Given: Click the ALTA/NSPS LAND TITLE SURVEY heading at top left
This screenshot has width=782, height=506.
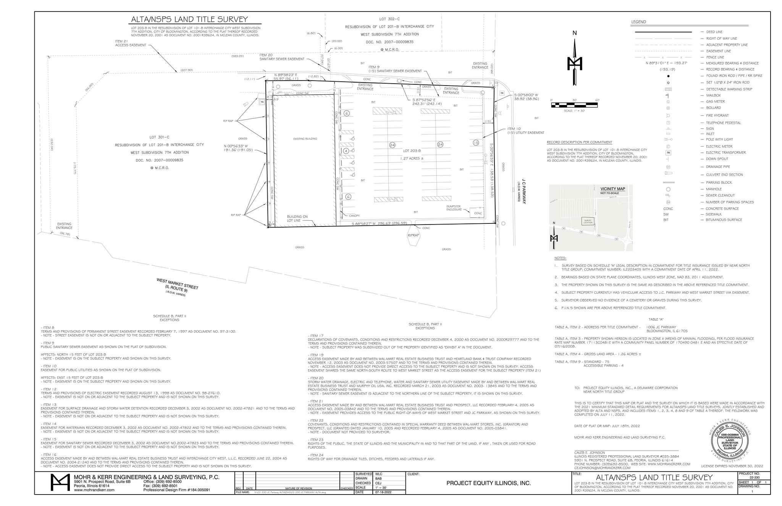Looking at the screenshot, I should pyautogui.click(x=189, y=19).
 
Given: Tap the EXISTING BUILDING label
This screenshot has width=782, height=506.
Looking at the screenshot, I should pyautogui.click(x=305, y=139).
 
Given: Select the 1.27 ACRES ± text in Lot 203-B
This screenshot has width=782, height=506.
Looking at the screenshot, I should pyautogui.click(x=412, y=158).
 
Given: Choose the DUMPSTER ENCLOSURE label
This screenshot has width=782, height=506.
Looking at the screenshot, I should pyautogui.click(x=454, y=208).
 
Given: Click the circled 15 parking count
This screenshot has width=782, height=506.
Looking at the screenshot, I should pyautogui.click(x=475, y=142).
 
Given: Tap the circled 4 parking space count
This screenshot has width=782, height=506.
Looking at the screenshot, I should pyautogui.click(x=346, y=151).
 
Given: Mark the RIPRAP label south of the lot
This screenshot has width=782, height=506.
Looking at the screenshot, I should pyautogui.click(x=414, y=235).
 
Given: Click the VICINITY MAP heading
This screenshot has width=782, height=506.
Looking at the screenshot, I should pyautogui.click(x=612, y=189).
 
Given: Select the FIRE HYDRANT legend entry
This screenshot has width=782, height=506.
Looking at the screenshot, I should pyautogui.click(x=717, y=115).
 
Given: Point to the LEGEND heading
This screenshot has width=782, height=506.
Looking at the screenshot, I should pyautogui.click(x=638, y=22).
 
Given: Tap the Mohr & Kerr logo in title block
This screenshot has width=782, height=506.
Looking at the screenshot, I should pyautogui.click(x=60, y=483).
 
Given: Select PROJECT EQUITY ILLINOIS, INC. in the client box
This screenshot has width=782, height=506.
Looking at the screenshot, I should pyautogui.click(x=488, y=483).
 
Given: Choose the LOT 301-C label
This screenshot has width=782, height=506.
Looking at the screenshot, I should pyautogui.click(x=159, y=137).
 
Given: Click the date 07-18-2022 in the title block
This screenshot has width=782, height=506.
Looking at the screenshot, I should pyautogui.click(x=384, y=492).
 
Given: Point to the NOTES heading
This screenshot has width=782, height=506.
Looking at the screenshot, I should pyautogui.click(x=560, y=258).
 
